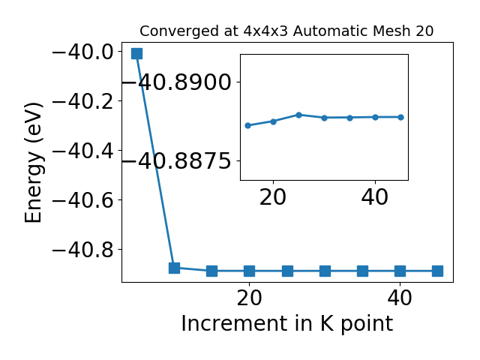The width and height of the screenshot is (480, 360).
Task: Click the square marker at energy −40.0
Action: (136, 53)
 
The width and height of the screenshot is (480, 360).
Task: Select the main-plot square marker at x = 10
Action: (174, 268)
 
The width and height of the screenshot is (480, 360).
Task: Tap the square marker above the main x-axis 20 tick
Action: (250, 271)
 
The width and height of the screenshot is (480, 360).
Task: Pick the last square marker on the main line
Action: (437, 271)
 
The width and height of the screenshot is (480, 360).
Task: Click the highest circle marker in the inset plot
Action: (298, 115)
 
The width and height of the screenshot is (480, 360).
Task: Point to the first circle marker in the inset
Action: (248, 125)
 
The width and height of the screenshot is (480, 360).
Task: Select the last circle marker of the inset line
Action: (400, 117)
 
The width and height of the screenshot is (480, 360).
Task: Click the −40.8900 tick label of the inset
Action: (177, 82)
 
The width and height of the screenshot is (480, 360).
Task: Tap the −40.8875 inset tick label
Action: (177, 161)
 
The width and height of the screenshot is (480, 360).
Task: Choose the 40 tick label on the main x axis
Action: (400, 298)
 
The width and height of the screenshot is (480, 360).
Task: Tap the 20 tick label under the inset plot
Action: (273, 197)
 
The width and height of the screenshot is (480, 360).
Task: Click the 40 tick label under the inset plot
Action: (375, 197)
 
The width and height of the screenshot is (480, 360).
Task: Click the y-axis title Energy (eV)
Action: (34, 163)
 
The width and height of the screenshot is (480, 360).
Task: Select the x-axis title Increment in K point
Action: (287, 324)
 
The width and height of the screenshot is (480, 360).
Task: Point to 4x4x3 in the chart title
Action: (265, 31)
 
